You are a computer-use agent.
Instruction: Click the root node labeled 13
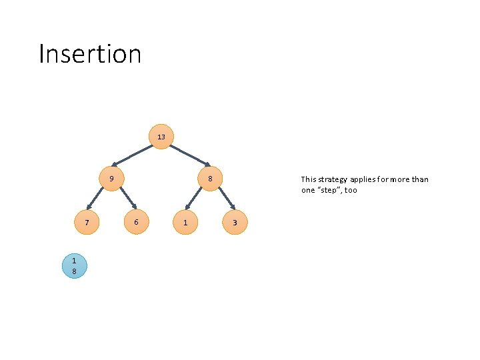(x=161, y=137)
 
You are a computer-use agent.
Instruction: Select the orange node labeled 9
(x=112, y=179)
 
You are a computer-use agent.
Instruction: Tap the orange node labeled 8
(x=210, y=179)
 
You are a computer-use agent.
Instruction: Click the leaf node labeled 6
(x=136, y=221)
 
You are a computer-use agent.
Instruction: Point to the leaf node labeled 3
(x=235, y=222)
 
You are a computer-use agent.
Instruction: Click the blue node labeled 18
(x=74, y=265)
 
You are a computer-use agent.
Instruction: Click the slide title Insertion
(x=90, y=54)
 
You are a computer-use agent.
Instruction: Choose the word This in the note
(x=308, y=179)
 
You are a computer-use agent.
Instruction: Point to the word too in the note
(x=351, y=190)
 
